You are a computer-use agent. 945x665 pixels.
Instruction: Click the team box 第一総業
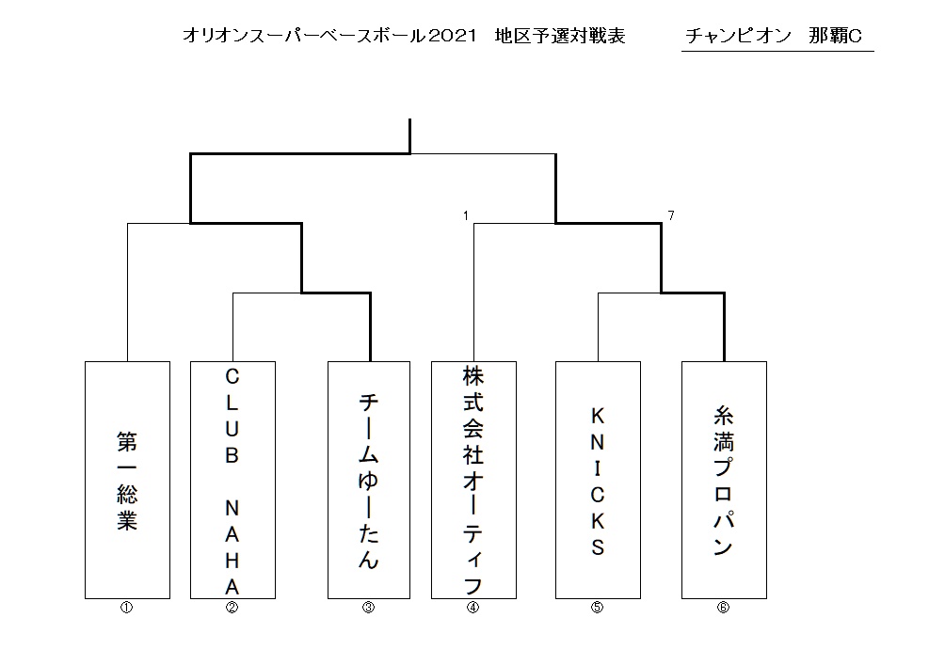point(127,480)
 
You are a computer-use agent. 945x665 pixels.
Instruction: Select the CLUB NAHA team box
point(232,480)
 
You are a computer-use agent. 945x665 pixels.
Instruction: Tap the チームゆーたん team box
point(369,480)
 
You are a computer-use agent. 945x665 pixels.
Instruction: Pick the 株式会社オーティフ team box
point(473,480)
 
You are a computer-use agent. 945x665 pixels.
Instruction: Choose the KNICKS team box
point(598,480)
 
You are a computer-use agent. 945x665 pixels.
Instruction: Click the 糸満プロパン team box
point(724,480)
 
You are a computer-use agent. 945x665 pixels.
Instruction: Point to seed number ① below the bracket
point(126,608)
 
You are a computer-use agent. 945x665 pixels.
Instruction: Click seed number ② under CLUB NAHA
point(232,608)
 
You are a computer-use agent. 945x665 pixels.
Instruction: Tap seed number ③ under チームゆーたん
point(368,608)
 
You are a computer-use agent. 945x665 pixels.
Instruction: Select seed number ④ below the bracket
point(473,608)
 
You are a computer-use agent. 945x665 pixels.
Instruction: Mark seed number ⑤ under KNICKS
point(598,608)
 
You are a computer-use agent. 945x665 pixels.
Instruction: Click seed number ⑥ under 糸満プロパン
point(723,608)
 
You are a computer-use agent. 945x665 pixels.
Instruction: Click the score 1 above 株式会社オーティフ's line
point(466,215)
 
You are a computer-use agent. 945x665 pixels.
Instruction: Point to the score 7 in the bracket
point(671,215)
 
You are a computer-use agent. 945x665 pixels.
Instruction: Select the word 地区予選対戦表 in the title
point(560,36)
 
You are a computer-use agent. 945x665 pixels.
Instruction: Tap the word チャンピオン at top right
point(738,36)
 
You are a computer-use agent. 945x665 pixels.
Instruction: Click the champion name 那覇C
point(835,36)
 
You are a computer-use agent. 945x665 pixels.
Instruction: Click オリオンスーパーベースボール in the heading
point(305,36)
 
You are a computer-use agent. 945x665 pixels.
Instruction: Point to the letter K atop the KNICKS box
point(598,416)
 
